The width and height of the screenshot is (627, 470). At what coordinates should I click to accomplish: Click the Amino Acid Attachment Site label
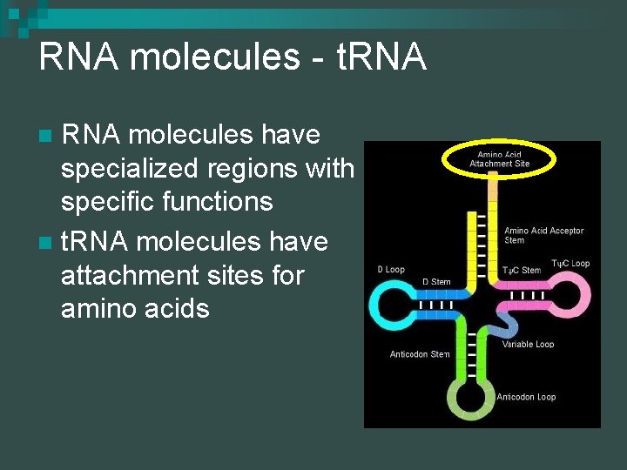point(499,158)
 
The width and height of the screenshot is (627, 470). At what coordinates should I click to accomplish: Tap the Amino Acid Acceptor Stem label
point(544,235)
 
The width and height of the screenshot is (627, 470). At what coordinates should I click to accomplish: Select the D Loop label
point(391,270)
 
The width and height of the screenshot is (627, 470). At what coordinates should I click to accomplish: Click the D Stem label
point(436,281)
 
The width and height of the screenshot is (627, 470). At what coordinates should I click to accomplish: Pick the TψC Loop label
point(570,263)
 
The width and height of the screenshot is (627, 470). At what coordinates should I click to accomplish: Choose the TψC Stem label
point(522,271)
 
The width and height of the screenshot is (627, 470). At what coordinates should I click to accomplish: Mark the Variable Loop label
point(529,345)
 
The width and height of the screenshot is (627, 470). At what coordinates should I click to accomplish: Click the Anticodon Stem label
point(420,354)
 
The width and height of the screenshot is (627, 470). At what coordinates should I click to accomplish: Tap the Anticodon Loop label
point(526,397)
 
